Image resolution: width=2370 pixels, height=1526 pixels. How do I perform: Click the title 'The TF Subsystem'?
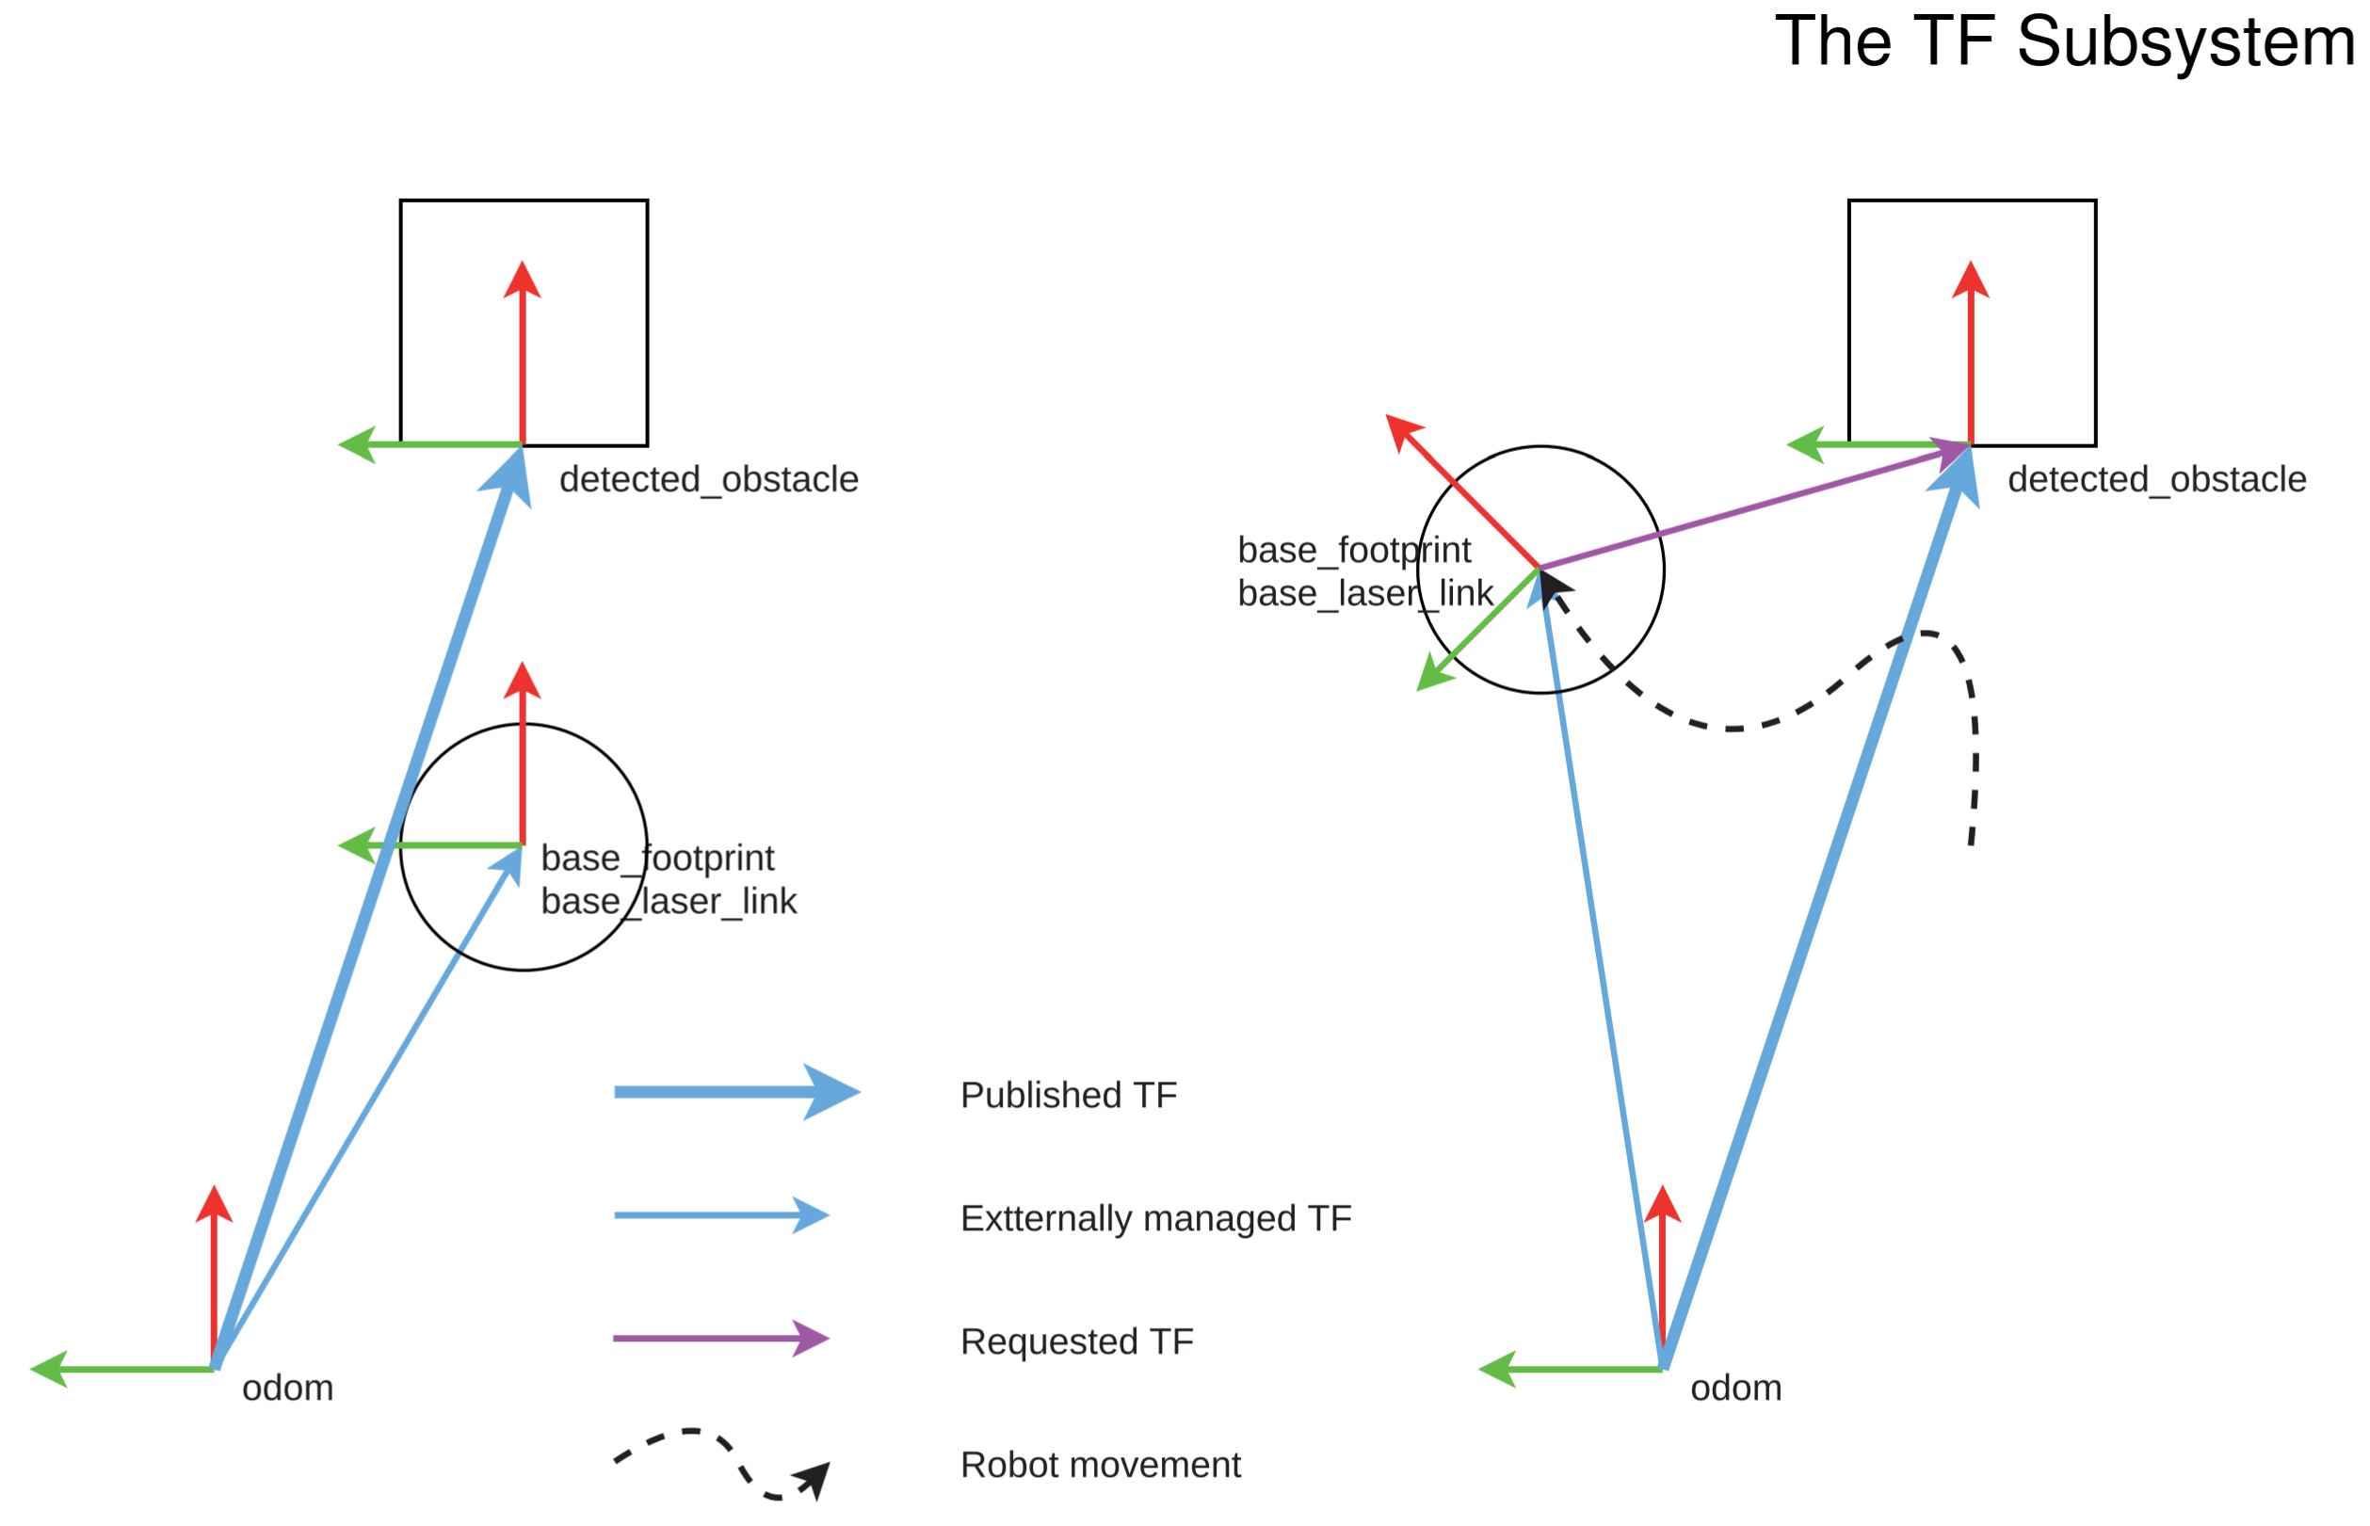pos(2064,41)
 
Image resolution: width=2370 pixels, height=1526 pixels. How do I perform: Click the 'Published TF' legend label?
pos(1068,1095)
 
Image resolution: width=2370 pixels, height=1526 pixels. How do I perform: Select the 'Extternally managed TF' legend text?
pos(1155,1218)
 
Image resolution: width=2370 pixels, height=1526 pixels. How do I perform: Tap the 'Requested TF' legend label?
pos(1076,1341)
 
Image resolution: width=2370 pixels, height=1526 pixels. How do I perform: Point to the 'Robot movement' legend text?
pos(1100,1465)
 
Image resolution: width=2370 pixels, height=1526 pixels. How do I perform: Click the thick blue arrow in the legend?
pos(734,1092)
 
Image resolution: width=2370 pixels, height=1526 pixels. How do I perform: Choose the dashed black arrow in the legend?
pos(720,1461)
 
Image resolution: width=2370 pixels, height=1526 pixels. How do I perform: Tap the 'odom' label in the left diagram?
pos(287,1389)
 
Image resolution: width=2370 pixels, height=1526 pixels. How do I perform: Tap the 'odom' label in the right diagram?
pos(1735,1389)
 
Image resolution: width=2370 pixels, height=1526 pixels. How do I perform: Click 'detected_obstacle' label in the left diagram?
pos(708,479)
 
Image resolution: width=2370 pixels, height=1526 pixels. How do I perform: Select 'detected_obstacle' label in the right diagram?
pos(2156,479)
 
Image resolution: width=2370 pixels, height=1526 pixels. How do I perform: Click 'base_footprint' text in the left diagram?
pos(657,859)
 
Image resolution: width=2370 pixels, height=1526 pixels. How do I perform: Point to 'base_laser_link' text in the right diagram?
pos(1364,594)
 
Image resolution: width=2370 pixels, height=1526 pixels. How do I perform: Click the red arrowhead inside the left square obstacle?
pos(523,280)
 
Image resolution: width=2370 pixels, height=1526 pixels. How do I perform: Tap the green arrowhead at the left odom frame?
pos(50,1369)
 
